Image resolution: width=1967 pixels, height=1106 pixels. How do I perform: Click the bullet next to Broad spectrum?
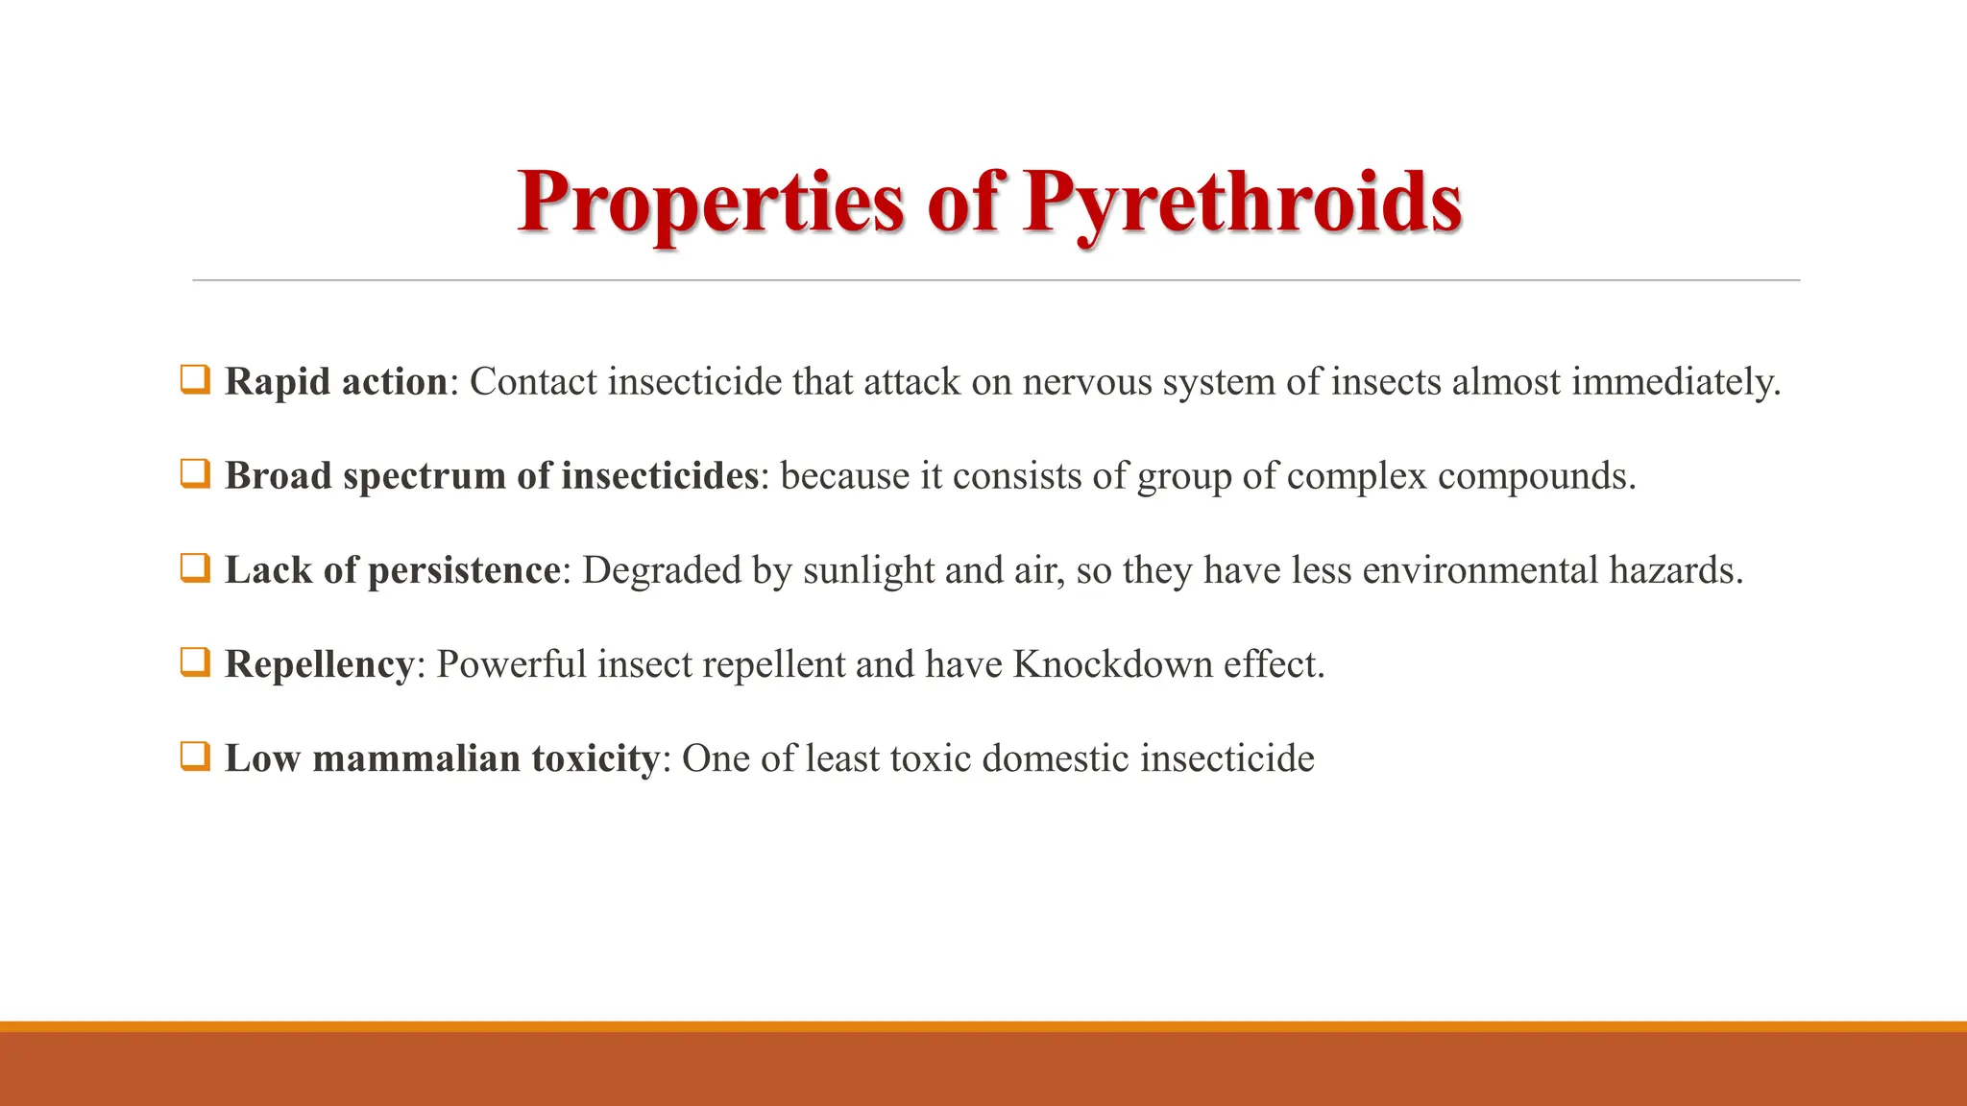(194, 473)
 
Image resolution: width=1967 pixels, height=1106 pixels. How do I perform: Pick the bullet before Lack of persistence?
(194, 568)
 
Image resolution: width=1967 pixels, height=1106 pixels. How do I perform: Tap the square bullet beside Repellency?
(194, 662)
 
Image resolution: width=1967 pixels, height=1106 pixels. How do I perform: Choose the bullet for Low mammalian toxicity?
(194, 757)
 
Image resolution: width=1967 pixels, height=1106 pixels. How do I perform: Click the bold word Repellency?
(319, 664)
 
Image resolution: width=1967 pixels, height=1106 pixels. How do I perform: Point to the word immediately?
(1675, 382)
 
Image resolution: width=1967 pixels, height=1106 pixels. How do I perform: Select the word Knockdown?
(1112, 664)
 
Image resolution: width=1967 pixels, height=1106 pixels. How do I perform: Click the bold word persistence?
(464, 570)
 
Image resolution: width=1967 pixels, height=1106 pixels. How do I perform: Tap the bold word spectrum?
(424, 476)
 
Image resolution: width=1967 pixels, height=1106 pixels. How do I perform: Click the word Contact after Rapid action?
(533, 382)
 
